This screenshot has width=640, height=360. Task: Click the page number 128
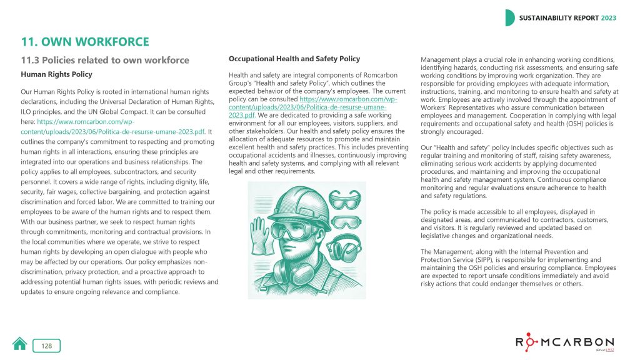(47, 346)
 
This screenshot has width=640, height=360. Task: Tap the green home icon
(20, 344)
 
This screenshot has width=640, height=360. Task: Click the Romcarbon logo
(564, 342)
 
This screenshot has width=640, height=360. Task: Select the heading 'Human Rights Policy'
(57, 74)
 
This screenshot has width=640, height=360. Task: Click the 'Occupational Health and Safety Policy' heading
(294, 59)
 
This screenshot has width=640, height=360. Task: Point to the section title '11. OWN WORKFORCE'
(85, 42)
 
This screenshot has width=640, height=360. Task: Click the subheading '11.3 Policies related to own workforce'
(105, 60)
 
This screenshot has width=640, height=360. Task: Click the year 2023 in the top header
(609, 18)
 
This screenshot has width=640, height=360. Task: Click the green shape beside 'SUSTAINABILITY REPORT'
(510, 18)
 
